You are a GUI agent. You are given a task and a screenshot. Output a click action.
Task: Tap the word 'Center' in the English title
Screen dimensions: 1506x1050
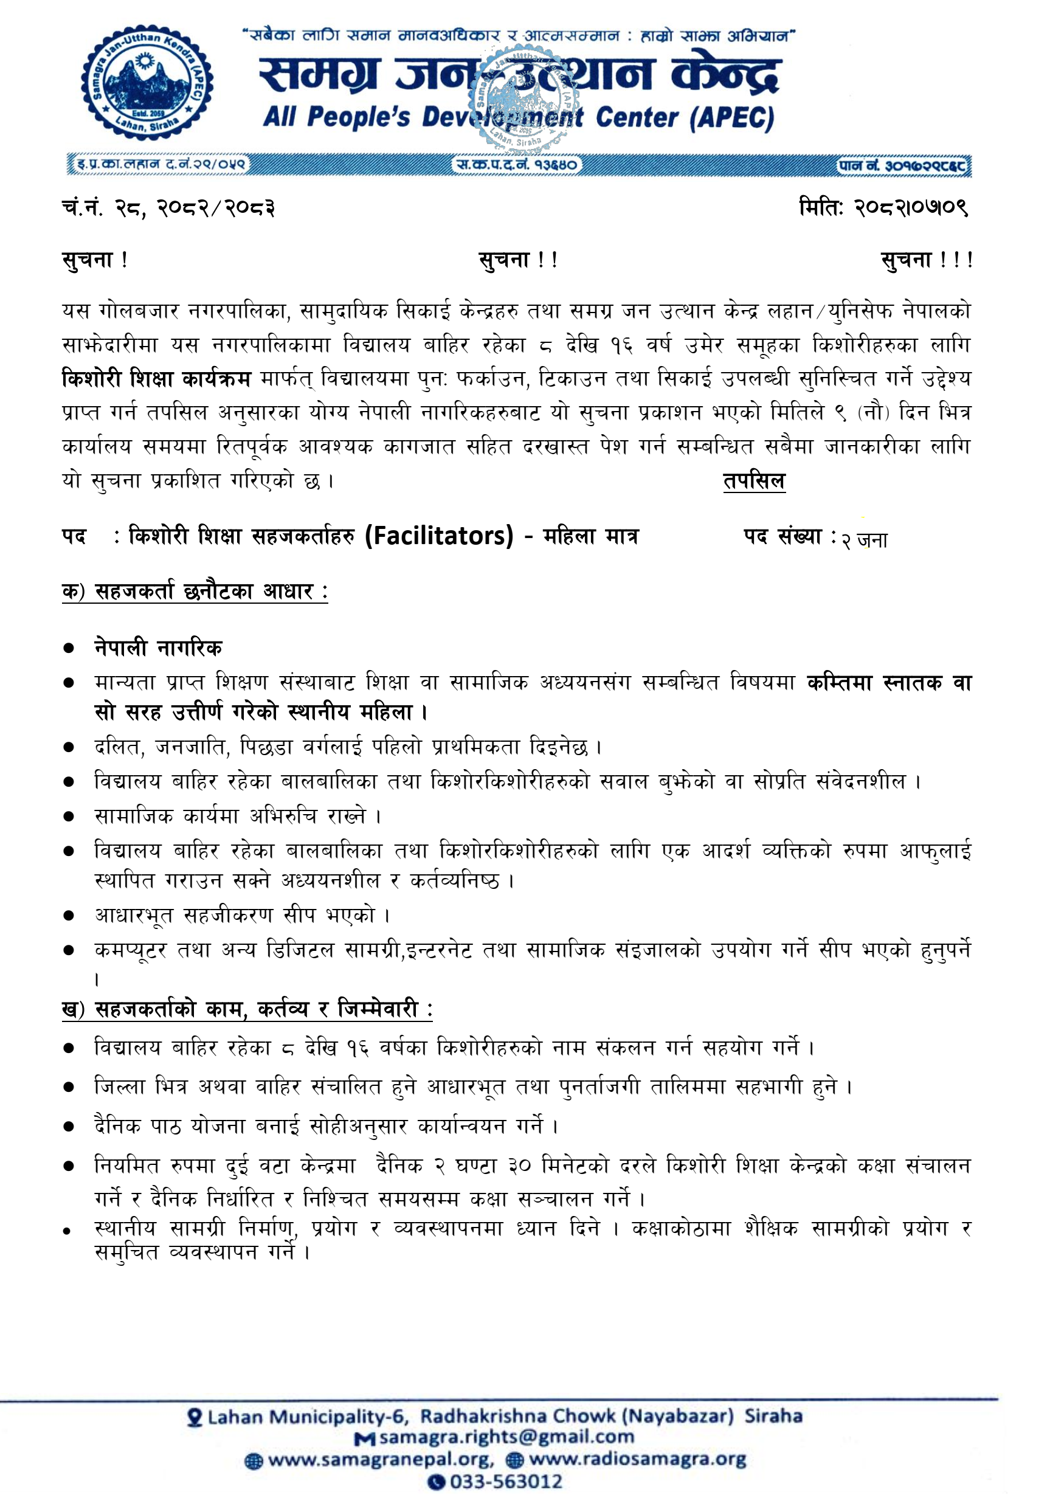[x=635, y=118]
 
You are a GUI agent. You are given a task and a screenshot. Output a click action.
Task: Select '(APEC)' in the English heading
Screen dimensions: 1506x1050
[x=732, y=118]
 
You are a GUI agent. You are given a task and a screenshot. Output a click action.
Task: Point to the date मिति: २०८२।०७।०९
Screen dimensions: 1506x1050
[x=883, y=207]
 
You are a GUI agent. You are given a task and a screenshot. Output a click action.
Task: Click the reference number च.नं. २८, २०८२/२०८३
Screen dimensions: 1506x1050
[x=168, y=208]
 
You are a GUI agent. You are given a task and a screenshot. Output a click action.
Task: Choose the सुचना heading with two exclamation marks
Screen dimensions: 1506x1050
[x=518, y=260]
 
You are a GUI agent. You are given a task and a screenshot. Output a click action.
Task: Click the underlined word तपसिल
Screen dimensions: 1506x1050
[x=753, y=481]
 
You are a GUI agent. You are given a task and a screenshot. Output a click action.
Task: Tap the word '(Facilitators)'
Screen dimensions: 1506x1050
[x=439, y=536]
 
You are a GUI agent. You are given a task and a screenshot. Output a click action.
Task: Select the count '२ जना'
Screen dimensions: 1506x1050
[x=865, y=540]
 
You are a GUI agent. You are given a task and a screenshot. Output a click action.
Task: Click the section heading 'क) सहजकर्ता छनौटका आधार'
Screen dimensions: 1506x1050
[x=195, y=591]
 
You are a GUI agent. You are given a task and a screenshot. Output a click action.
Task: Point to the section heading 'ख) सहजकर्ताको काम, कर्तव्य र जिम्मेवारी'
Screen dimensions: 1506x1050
[x=247, y=1009]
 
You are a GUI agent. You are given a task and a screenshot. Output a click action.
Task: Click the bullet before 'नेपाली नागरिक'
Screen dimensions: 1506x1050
[x=69, y=648]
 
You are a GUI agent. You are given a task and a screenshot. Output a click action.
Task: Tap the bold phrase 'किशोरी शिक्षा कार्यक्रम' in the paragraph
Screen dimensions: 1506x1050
[x=156, y=379]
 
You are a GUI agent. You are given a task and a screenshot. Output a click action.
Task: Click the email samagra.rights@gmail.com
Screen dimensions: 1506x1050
[x=506, y=1437]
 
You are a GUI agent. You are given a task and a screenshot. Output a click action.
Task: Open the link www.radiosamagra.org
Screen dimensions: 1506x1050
[x=637, y=1459]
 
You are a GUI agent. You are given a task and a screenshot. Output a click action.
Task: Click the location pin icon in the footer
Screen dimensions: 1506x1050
[x=195, y=1417]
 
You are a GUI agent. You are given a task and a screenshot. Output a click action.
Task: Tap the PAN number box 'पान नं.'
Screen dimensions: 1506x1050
[x=903, y=165]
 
